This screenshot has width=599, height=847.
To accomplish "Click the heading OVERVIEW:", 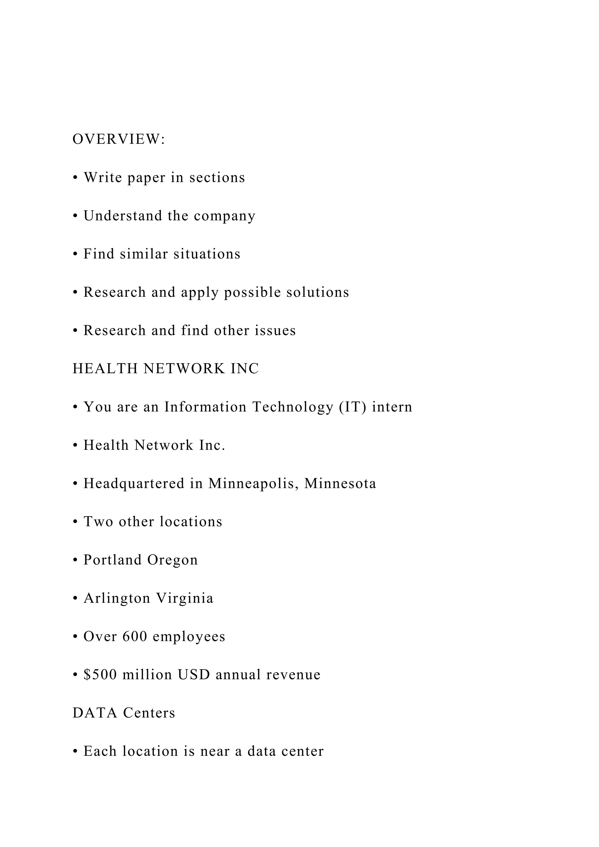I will click(x=119, y=140).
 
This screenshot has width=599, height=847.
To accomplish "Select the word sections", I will click(x=217, y=178).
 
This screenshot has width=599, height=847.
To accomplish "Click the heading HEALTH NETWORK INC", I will click(x=166, y=369).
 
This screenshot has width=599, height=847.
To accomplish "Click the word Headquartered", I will click(x=134, y=483).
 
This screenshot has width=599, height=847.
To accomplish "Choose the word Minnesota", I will click(x=340, y=483).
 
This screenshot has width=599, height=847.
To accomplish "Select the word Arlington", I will click(x=117, y=598).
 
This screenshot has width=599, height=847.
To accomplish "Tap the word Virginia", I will click(x=185, y=598).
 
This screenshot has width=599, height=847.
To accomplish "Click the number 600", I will click(x=135, y=636).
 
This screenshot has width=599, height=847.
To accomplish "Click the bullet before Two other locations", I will click(x=75, y=522).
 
